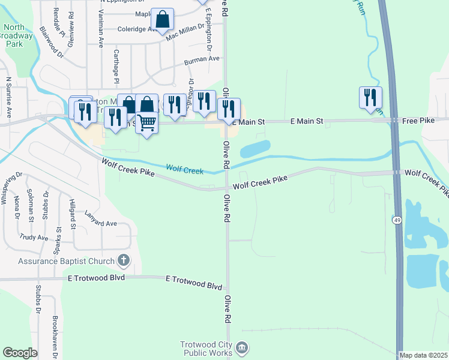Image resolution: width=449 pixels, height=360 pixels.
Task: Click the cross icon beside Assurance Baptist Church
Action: pyautogui.click(x=123, y=260)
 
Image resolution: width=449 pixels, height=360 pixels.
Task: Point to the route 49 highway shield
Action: pyautogui.click(x=397, y=220)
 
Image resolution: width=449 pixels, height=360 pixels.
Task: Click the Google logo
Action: pyautogui.click(x=20, y=353)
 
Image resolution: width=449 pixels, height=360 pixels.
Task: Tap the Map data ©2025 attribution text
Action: pyautogui.click(x=423, y=355)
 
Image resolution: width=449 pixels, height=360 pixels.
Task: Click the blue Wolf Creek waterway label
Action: pyautogui.click(x=185, y=171)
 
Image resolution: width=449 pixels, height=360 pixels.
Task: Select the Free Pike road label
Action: pyautogui.click(x=418, y=121)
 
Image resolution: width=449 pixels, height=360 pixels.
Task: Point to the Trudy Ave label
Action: pyautogui.click(x=34, y=238)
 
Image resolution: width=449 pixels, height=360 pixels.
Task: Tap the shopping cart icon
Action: pyautogui.click(x=146, y=122)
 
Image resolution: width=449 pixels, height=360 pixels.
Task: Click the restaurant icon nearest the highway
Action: pyautogui.click(x=370, y=97)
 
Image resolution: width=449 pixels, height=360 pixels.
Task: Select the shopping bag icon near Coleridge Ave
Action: pyautogui.click(x=162, y=19)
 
